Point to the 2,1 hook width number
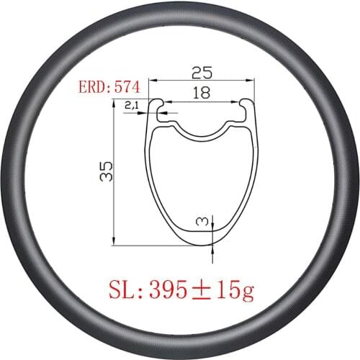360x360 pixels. coord(132,105)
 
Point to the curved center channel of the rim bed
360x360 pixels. coord(201,132)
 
